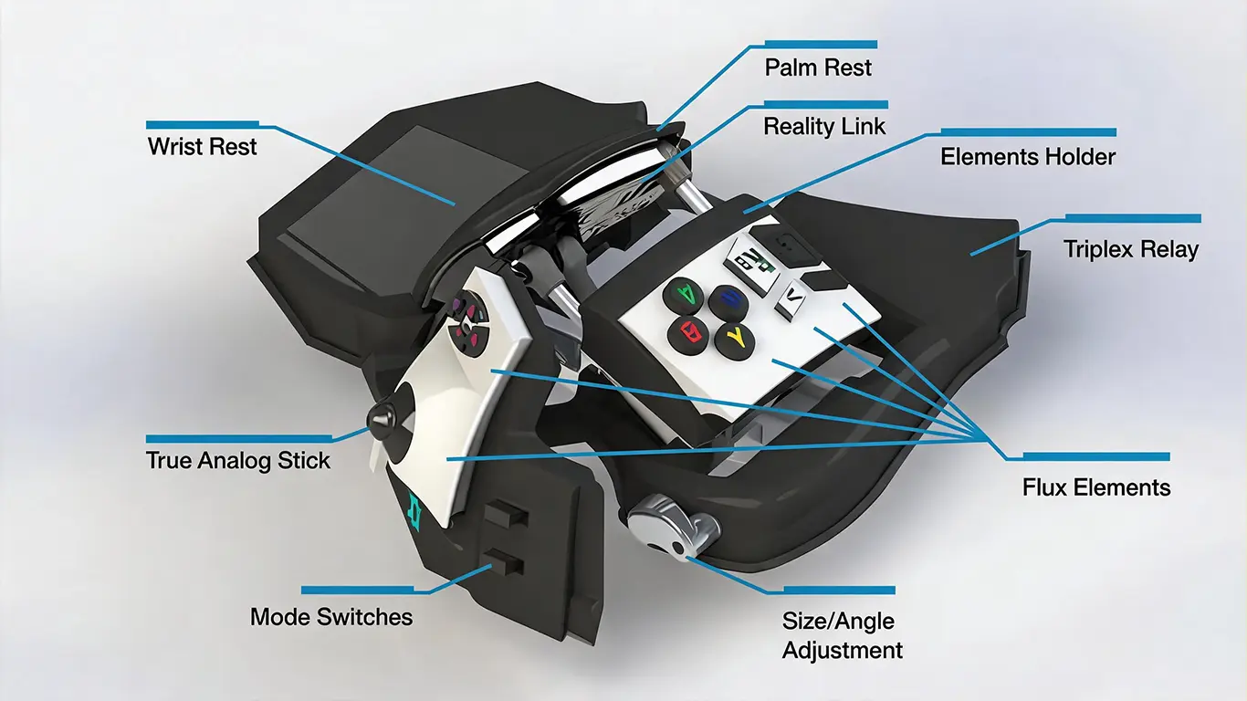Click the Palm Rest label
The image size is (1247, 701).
click(x=818, y=68)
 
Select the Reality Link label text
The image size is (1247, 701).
click(x=824, y=126)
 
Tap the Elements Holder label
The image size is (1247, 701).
click(x=1028, y=157)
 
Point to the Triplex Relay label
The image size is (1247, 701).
click(x=1131, y=249)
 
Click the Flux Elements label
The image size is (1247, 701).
click(x=1096, y=487)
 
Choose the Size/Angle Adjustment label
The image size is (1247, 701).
click(x=842, y=635)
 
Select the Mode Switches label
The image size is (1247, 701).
click(x=331, y=617)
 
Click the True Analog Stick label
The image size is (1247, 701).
click(x=237, y=460)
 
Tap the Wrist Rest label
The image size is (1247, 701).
click(x=202, y=147)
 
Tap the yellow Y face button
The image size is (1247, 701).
click(x=734, y=340)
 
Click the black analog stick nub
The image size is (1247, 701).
click(x=382, y=418)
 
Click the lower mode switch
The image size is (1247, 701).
click(x=504, y=563)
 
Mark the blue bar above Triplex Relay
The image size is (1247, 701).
click(x=1133, y=218)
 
